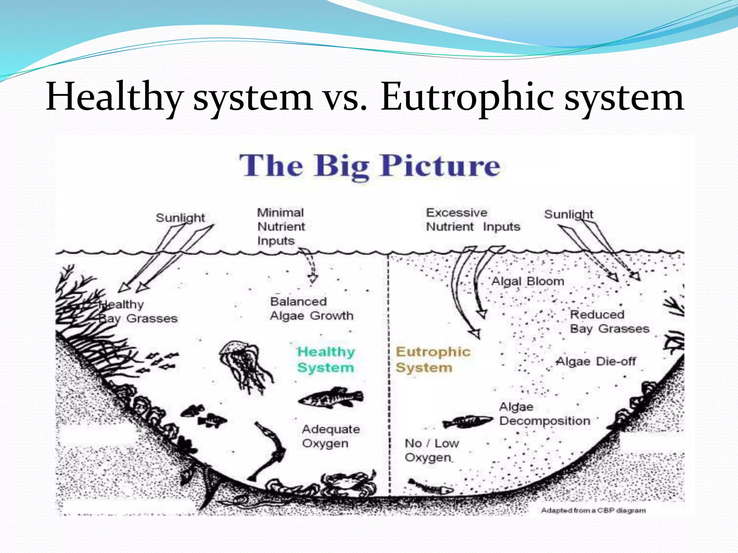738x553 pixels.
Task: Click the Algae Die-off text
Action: [596, 361]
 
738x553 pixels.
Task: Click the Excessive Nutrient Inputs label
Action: [473, 220]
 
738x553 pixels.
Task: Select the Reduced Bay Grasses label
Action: [609, 322]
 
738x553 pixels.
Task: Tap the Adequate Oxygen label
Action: [331, 436]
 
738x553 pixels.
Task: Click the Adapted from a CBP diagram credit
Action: [593, 510]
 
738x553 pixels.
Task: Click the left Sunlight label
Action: [180, 218]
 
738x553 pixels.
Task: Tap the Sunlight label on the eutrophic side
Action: [568, 214]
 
